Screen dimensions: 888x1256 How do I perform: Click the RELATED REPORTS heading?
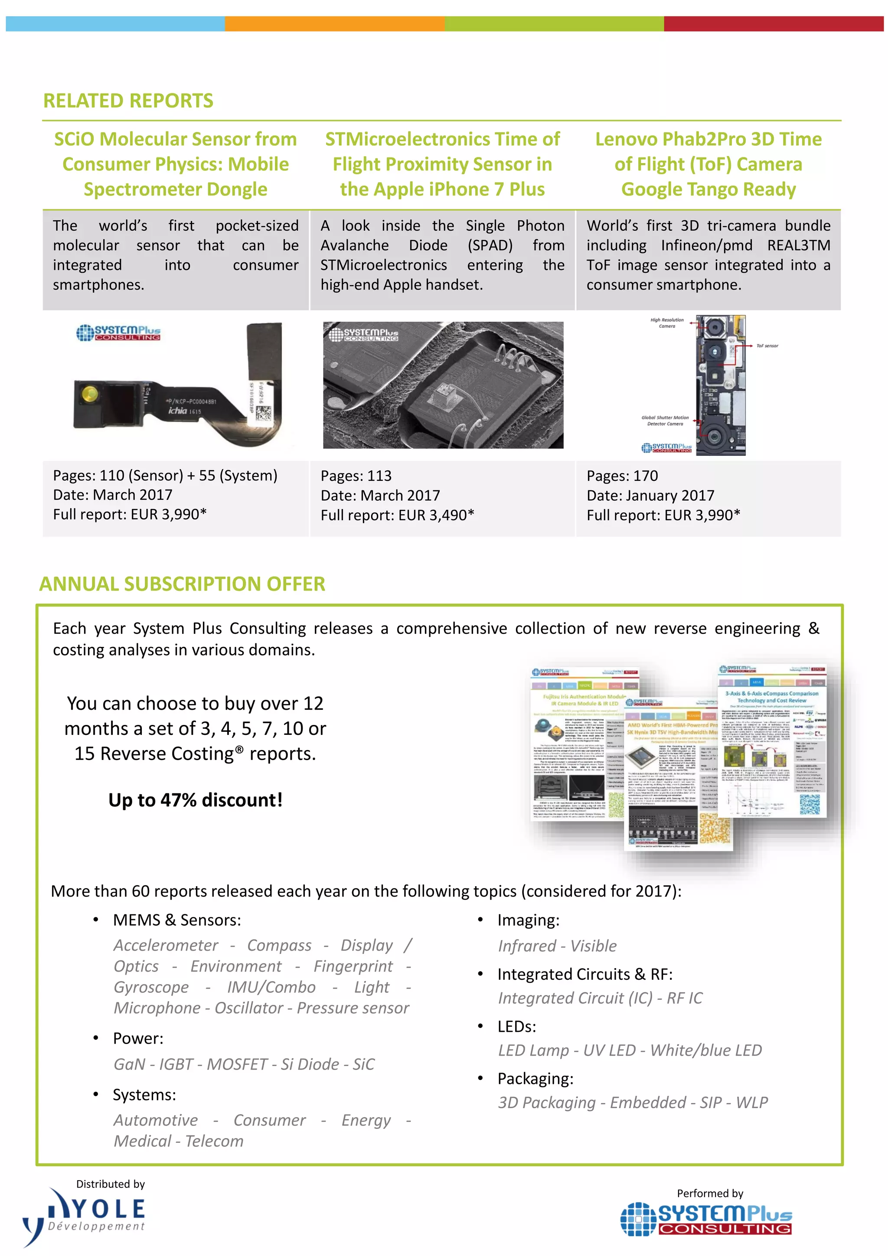(x=128, y=101)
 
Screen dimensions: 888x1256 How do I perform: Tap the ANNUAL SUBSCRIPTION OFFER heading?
(x=182, y=584)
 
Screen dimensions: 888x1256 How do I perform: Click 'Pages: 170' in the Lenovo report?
(x=622, y=476)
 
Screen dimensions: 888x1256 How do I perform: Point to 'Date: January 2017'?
(x=650, y=496)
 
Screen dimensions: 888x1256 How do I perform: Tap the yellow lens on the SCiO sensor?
(x=90, y=393)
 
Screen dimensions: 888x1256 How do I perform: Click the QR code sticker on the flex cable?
(x=263, y=414)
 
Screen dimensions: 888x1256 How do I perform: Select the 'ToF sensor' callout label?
(x=767, y=346)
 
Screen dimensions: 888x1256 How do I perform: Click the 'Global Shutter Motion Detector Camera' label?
(x=665, y=421)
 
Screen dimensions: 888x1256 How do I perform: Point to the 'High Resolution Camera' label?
(x=666, y=323)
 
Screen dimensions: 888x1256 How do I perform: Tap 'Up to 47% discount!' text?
(x=195, y=800)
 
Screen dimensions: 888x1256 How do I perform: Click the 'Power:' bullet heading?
(x=138, y=1038)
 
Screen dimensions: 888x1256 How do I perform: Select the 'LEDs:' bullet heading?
(x=516, y=1026)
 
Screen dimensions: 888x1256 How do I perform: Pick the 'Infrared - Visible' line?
(x=557, y=946)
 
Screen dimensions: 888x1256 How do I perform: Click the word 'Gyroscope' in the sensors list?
(x=151, y=987)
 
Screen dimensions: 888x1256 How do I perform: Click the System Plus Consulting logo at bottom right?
(x=706, y=1220)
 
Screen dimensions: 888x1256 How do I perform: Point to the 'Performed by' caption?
(x=710, y=1193)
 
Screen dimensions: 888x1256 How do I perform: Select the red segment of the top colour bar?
(x=773, y=23)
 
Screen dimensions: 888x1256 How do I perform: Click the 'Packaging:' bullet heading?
(x=535, y=1078)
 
